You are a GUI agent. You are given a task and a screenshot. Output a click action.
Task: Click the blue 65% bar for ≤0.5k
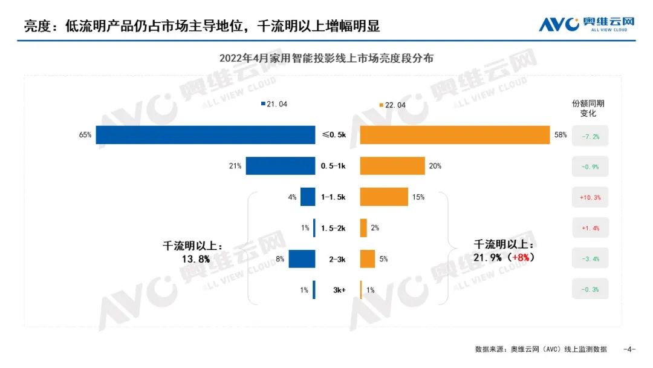point(206,135)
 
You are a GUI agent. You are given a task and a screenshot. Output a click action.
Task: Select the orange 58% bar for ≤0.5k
point(455,135)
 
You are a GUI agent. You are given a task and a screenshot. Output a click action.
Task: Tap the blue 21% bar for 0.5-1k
point(280,166)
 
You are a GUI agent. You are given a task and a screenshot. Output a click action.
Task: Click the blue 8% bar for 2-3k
point(302,258)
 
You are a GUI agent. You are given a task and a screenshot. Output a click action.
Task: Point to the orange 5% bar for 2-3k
point(368,258)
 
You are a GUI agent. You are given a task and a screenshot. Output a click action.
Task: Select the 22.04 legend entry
point(392,105)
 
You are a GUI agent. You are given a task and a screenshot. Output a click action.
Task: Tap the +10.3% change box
point(590,197)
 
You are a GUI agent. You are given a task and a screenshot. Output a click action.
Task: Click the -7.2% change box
point(590,136)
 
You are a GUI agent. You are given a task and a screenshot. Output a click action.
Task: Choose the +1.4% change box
point(590,228)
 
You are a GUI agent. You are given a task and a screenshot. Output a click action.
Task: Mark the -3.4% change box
point(590,259)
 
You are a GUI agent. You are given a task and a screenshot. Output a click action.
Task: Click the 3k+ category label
point(339,290)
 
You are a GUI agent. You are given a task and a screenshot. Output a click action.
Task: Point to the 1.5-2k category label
point(333,228)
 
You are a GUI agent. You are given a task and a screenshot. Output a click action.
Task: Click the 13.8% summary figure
point(193,258)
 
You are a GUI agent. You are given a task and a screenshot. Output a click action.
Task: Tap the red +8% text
point(522,257)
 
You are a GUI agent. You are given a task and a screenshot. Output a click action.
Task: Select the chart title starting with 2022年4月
point(326,59)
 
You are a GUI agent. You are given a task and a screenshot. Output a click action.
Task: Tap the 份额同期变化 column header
point(588,108)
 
